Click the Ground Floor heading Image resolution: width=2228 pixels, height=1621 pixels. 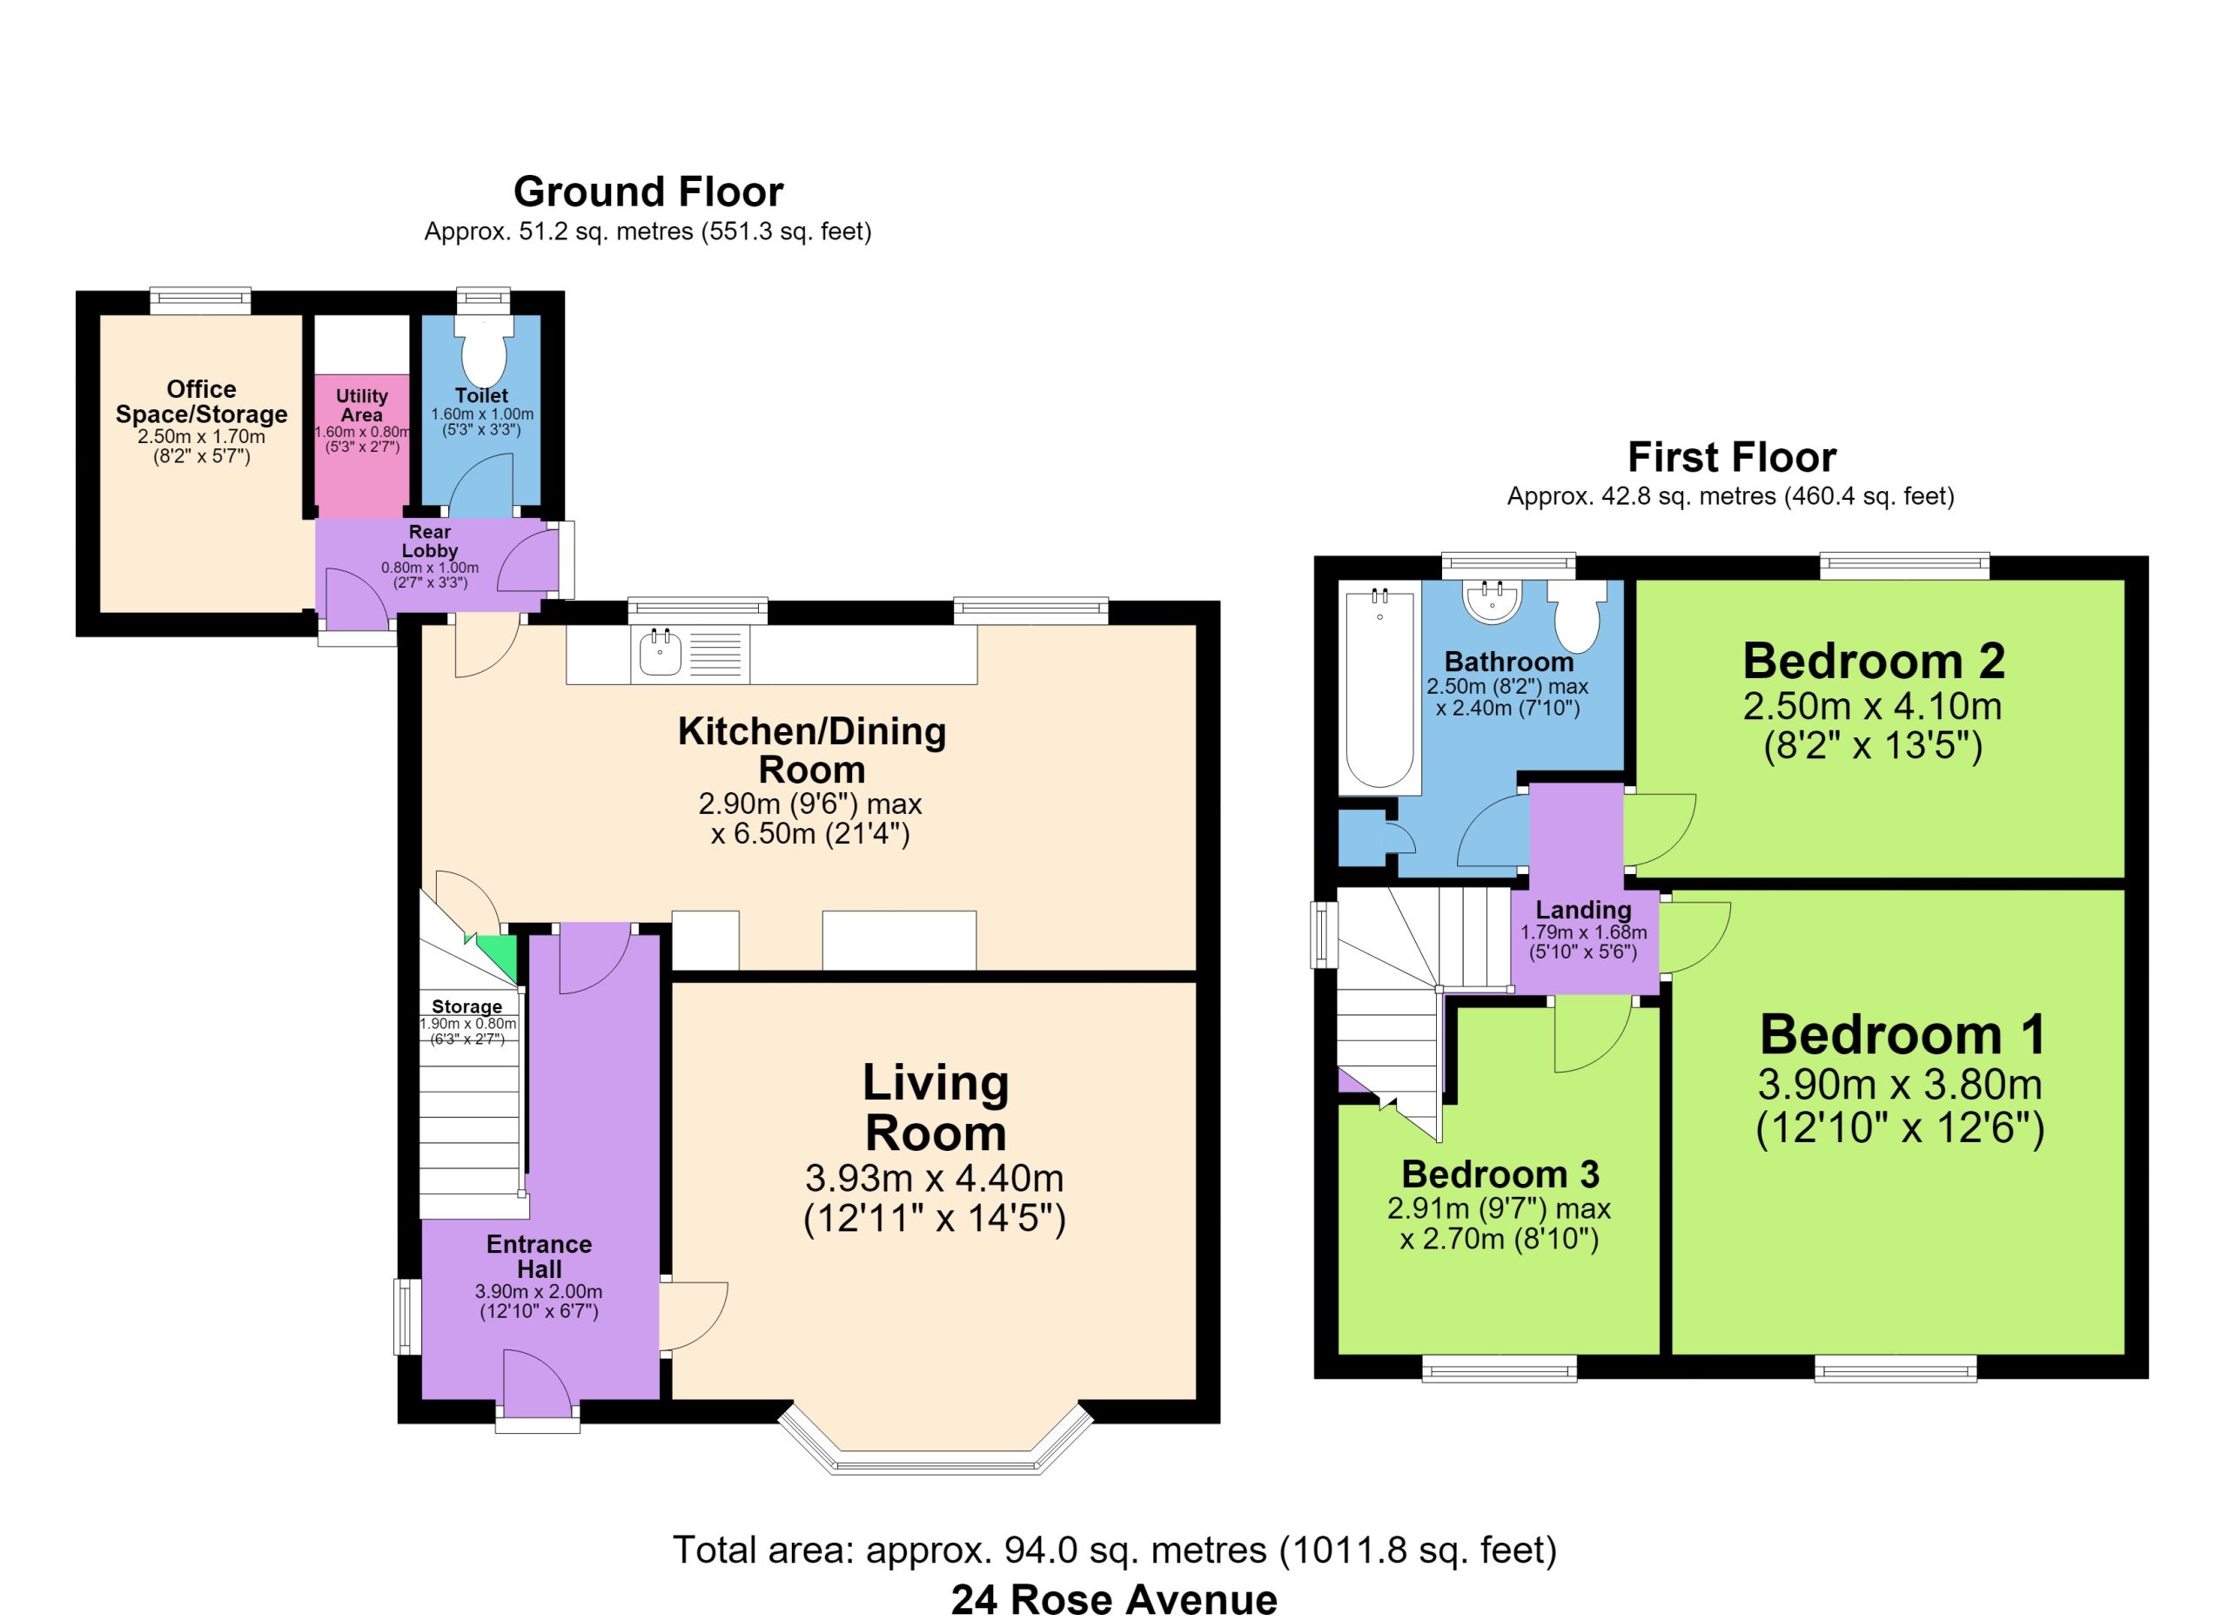tap(648, 192)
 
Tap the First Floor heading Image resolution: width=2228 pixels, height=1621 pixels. tap(1731, 457)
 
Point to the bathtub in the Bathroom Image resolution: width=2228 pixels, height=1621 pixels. tap(1379, 688)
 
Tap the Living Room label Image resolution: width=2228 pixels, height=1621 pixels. tap(936, 1108)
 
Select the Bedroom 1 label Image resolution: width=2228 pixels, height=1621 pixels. tap(1902, 1034)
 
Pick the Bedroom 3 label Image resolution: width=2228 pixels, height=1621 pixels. tap(1500, 1174)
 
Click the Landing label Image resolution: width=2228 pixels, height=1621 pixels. tap(1584, 910)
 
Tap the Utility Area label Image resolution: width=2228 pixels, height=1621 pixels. tap(361, 405)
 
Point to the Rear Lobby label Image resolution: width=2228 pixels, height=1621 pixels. tap(429, 541)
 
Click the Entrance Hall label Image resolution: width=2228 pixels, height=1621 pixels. tap(540, 1256)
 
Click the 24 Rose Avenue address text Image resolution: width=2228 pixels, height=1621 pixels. tap(1114, 1600)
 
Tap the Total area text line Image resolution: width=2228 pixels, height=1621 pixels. tap(1114, 1550)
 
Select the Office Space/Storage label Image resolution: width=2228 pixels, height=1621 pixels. tap(201, 402)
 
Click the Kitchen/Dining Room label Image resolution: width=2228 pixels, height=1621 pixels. tap(811, 750)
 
